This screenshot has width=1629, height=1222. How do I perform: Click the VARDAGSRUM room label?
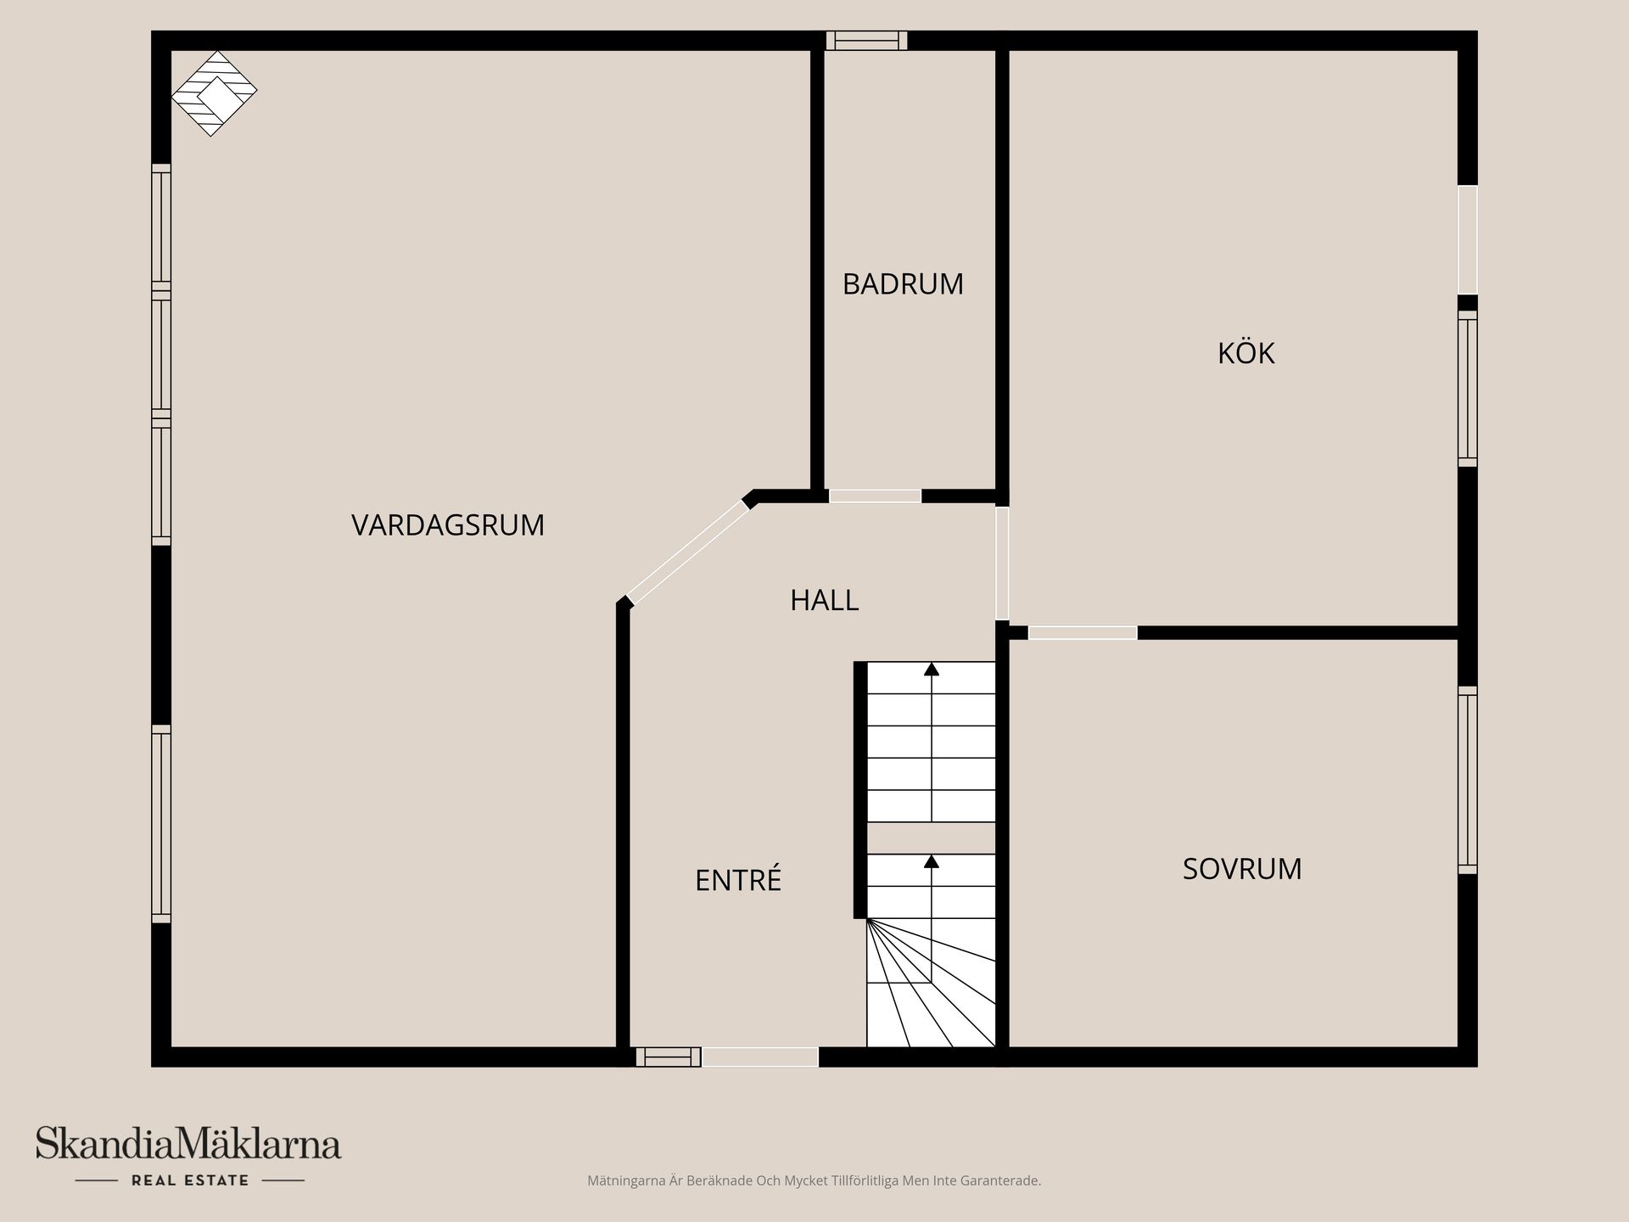448,525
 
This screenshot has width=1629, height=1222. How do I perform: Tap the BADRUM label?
903,284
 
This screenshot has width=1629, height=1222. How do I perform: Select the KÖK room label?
1246,353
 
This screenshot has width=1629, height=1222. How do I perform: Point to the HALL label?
824,601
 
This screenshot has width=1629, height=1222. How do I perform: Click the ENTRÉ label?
738,880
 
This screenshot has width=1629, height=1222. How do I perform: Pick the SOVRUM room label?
1242,869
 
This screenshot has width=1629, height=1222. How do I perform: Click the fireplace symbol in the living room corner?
214,93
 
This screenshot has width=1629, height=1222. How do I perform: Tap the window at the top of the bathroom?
866,41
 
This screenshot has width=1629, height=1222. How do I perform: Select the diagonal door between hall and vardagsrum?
688,552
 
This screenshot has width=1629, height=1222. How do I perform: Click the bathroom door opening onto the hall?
875,496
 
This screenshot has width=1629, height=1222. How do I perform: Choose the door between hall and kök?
1002,563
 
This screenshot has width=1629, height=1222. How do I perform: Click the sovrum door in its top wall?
1082,633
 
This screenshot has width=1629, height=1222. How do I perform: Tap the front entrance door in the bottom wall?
760,1057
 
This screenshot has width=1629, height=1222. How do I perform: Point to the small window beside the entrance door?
669,1057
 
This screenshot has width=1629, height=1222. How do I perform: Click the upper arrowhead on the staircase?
932,669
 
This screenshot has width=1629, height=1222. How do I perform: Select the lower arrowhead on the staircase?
932,861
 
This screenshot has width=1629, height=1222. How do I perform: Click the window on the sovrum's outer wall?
1468,780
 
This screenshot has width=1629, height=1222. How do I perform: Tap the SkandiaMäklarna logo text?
188,1144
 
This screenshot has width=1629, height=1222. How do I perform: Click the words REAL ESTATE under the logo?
190,1180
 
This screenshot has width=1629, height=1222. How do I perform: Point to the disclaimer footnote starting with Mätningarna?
814,1180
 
